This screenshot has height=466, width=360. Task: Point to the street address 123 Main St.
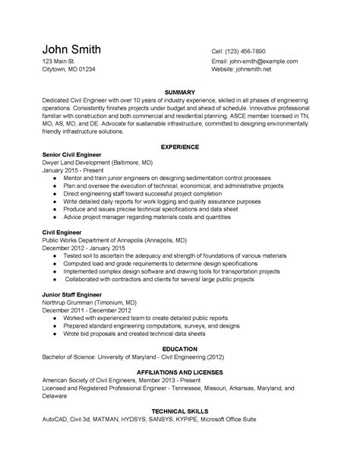[58, 61]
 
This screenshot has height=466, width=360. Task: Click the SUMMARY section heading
[179, 91]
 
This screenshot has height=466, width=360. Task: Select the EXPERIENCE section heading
[179, 146]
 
